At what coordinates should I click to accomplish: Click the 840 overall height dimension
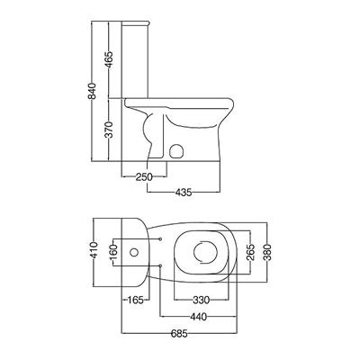pyautogui.click(x=93, y=91)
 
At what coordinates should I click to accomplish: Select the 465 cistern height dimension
pyautogui.click(x=109, y=59)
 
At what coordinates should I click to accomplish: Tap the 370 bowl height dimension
pyautogui.click(x=109, y=130)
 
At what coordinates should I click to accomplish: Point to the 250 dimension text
pyautogui.click(x=144, y=177)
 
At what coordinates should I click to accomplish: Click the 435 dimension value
pyautogui.click(x=184, y=193)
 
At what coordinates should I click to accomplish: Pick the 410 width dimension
pyautogui.click(x=94, y=250)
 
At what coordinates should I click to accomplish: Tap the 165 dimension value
pyautogui.click(x=135, y=300)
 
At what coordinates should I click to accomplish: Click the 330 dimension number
pyautogui.click(x=201, y=300)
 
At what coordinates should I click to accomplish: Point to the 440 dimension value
pyautogui.click(x=198, y=316)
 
